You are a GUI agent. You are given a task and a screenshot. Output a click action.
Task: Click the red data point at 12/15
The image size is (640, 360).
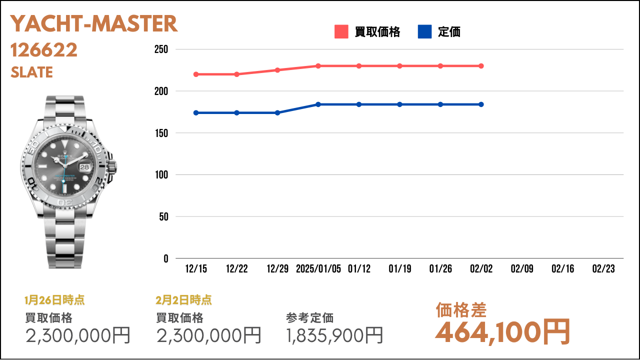[196, 74]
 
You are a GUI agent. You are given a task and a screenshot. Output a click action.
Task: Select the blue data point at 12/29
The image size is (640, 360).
[277, 113]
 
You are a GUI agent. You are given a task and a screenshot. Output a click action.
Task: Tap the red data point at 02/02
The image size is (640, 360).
[481, 66]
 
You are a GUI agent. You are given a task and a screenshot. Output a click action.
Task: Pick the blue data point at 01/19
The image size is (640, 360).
[399, 104]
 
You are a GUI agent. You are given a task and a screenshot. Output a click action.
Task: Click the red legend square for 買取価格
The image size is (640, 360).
[341, 31]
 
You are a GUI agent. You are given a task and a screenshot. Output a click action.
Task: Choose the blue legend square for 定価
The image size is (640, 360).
[425, 31]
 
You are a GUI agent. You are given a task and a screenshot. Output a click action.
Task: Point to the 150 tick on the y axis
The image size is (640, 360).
[161, 133]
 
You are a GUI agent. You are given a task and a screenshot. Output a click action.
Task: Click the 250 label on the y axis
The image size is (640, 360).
[161, 49]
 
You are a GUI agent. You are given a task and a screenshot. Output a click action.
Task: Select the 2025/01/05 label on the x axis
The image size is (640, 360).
[318, 268]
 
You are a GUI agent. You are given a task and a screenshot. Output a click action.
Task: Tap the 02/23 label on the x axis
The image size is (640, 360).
[603, 268]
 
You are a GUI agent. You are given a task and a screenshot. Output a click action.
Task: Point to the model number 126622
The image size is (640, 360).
[44, 50]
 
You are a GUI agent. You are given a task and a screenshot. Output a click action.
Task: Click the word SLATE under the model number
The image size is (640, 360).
[31, 72]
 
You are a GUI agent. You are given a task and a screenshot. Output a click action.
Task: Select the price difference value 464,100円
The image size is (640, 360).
[502, 332]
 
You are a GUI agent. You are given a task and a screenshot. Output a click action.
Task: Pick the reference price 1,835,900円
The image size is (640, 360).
[334, 335]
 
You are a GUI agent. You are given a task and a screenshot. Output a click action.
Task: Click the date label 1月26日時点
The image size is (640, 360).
[54, 300]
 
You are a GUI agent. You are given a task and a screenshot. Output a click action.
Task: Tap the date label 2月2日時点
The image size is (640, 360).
[183, 300]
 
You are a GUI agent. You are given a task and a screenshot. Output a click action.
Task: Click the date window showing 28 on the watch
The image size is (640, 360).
[84, 167]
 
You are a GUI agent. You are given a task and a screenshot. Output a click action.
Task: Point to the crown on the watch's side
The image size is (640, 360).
[112, 167]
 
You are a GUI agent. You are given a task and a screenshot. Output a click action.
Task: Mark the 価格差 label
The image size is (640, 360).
[461, 310]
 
